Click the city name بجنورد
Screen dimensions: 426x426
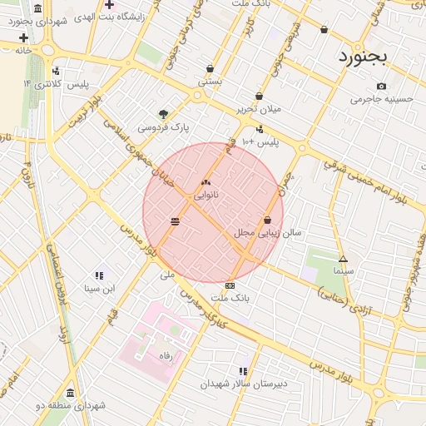pyautogui.click(x=364, y=58)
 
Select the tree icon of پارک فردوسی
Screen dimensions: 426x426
pyautogui.click(x=163, y=114)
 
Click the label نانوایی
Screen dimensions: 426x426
pyautogui.click(x=206, y=196)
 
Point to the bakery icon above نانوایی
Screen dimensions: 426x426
pyautogui.click(x=206, y=182)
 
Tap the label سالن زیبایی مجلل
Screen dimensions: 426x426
pyautogui.click(x=267, y=234)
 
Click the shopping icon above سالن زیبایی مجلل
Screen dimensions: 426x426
pyautogui.click(x=267, y=220)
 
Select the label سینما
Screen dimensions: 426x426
pyautogui.click(x=343, y=271)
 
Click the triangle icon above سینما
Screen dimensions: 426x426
pyautogui.click(x=343, y=259)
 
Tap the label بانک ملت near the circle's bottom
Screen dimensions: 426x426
pyautogui.click(x=230, y=297)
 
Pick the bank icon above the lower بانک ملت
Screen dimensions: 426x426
pyautogui.click(x=230, y=285)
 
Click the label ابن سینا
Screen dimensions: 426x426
pyautogui.click(x=98, y=289)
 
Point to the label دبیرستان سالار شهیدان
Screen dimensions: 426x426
pyautogui.click(x=243, y=384)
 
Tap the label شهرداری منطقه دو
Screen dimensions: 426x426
pyautogui.click(x=70, y=405)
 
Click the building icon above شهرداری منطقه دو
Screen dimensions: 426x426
pyautogui.click(x=70, y=393)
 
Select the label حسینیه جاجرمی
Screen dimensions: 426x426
pyautogui.click(x=382, y=99)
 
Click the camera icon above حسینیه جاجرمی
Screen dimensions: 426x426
pyautogui.click(x=381, y=87)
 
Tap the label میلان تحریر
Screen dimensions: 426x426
pyautogui.click(x=260, y=109)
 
